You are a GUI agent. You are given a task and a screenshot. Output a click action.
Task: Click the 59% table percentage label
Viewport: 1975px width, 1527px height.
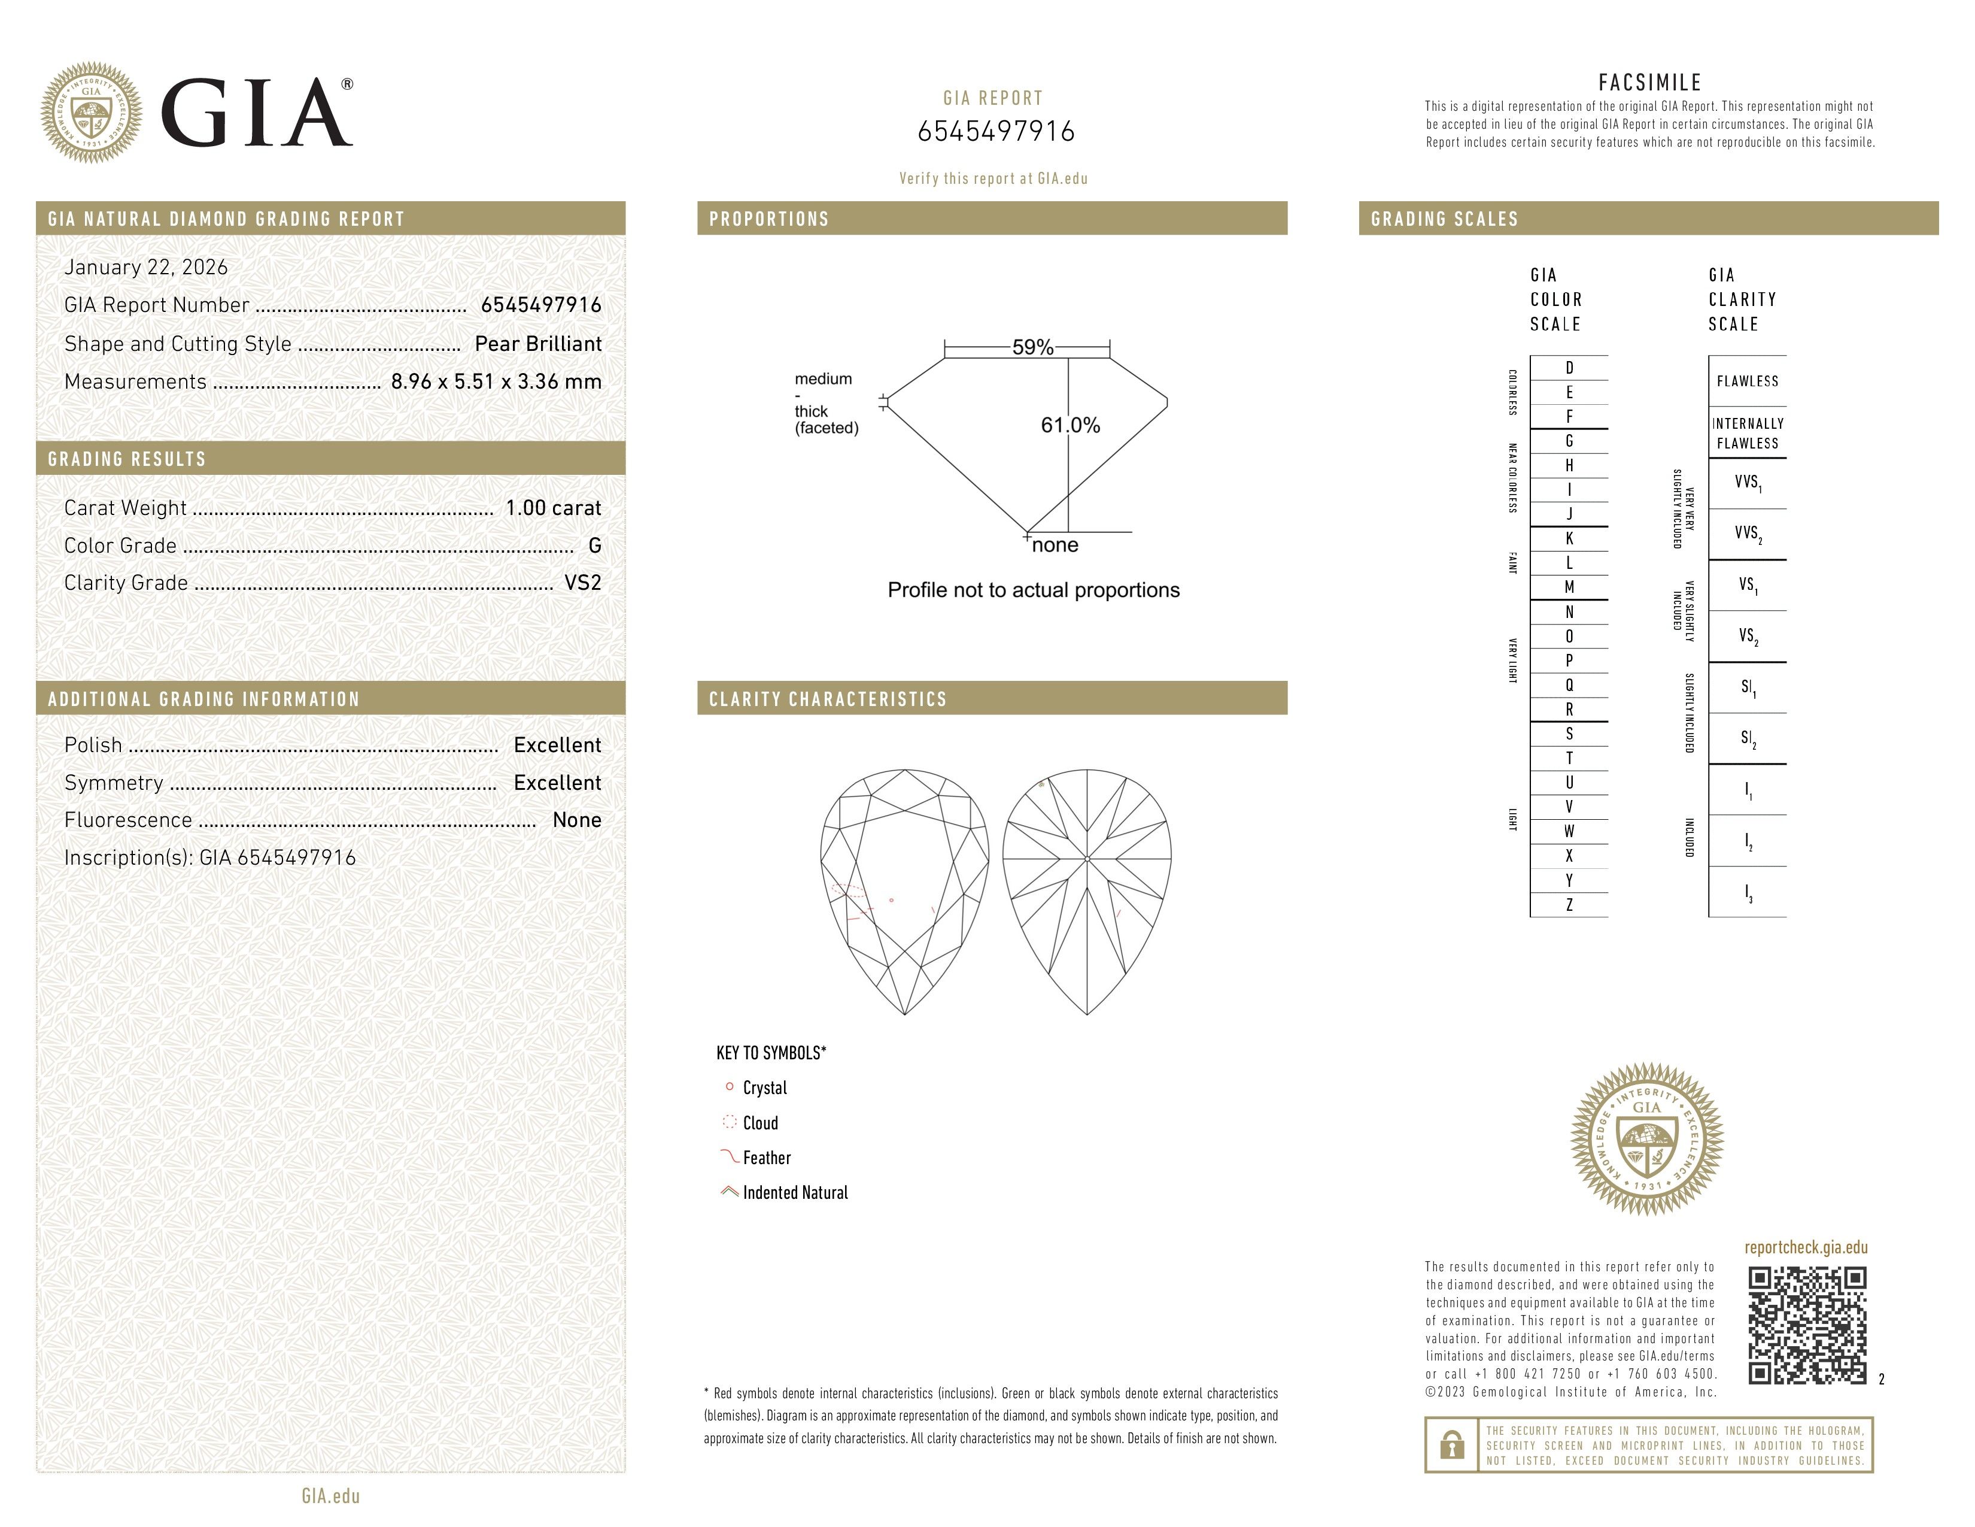(1033, 347)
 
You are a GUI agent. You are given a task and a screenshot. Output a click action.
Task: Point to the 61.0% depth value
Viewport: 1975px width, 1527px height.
(1070, 425)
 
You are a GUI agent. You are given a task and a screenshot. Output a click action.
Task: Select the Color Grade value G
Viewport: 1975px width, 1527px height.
(594, 546)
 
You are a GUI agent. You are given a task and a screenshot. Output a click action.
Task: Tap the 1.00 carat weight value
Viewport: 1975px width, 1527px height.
(552, 508)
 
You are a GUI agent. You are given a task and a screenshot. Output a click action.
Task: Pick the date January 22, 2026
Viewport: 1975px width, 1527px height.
(145, 268)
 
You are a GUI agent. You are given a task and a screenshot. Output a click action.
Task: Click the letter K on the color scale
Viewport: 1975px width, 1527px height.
(1569, 538)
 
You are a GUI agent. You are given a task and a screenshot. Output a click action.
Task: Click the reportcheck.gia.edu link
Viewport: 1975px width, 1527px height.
(1805, 1247)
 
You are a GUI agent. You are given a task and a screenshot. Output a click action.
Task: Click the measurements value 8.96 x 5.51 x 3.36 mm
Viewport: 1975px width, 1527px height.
(496, 382)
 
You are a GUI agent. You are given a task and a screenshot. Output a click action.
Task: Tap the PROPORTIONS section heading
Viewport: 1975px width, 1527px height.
(768, 219)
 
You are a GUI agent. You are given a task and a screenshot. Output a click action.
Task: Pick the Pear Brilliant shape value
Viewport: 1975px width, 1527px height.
(538, 344)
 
